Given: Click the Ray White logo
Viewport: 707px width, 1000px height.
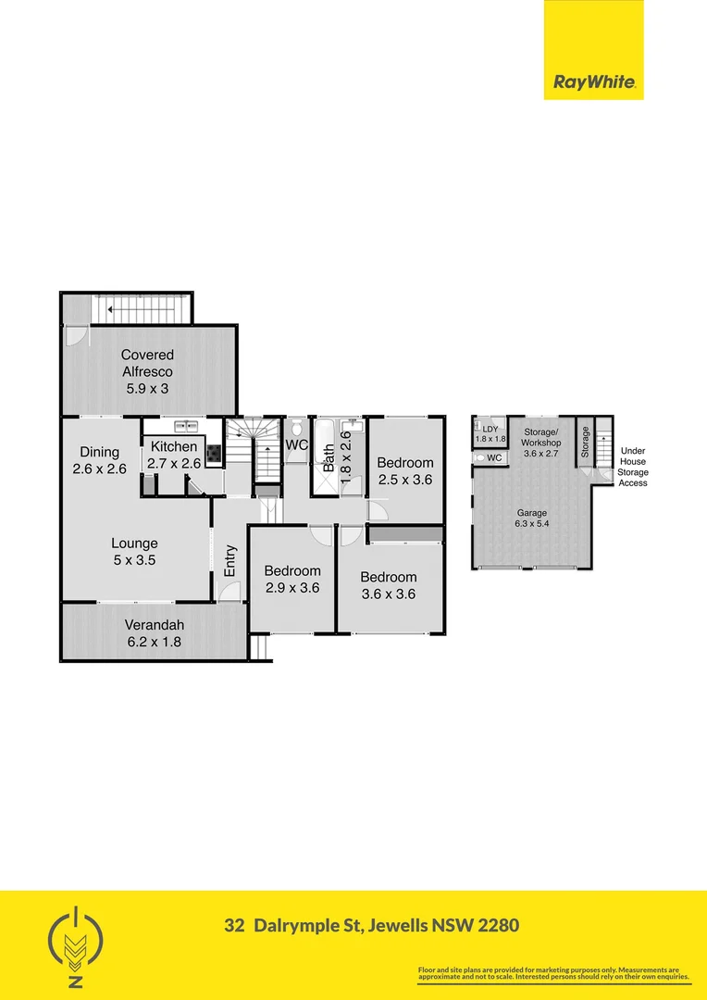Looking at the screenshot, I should tap(593, 82).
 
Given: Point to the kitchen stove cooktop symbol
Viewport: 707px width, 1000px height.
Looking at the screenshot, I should tap(214, 454).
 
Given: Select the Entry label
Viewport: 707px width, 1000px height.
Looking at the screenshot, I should tap(230, 560).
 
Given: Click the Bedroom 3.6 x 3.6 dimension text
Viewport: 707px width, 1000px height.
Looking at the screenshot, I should tap(389, 594).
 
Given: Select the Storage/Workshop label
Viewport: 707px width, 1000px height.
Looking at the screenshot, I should tap(540, 437).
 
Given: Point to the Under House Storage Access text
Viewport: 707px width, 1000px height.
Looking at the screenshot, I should tap(634, 467).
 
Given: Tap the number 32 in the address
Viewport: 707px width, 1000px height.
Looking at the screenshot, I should tap(235, 925).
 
